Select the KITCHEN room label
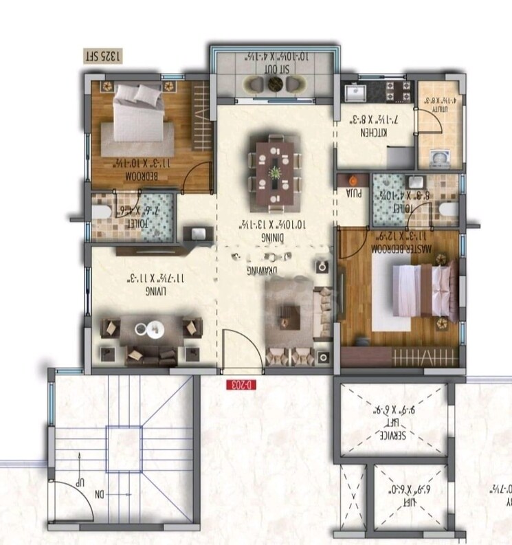(372, 129)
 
